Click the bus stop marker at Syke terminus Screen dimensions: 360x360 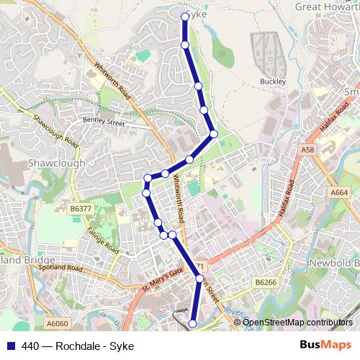coord(185,16)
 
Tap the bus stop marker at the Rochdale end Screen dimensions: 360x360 coord(192,324)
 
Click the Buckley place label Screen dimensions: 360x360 coord(273,82)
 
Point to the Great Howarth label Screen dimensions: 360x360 coord(327,6)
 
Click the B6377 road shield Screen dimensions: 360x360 coord(81,209)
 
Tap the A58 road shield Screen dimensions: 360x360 coord(308,149)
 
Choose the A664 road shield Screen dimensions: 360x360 coord(339,193)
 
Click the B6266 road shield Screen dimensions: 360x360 coord(266,283)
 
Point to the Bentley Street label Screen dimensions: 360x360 coord(104,122)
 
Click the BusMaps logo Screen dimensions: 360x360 coord(325,345)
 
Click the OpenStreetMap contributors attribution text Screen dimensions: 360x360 coord(297,322)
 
